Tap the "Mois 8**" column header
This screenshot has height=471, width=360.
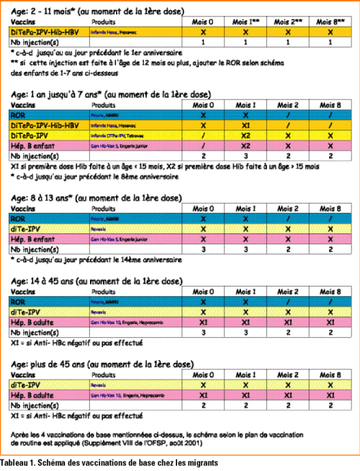tap(325, 23)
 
